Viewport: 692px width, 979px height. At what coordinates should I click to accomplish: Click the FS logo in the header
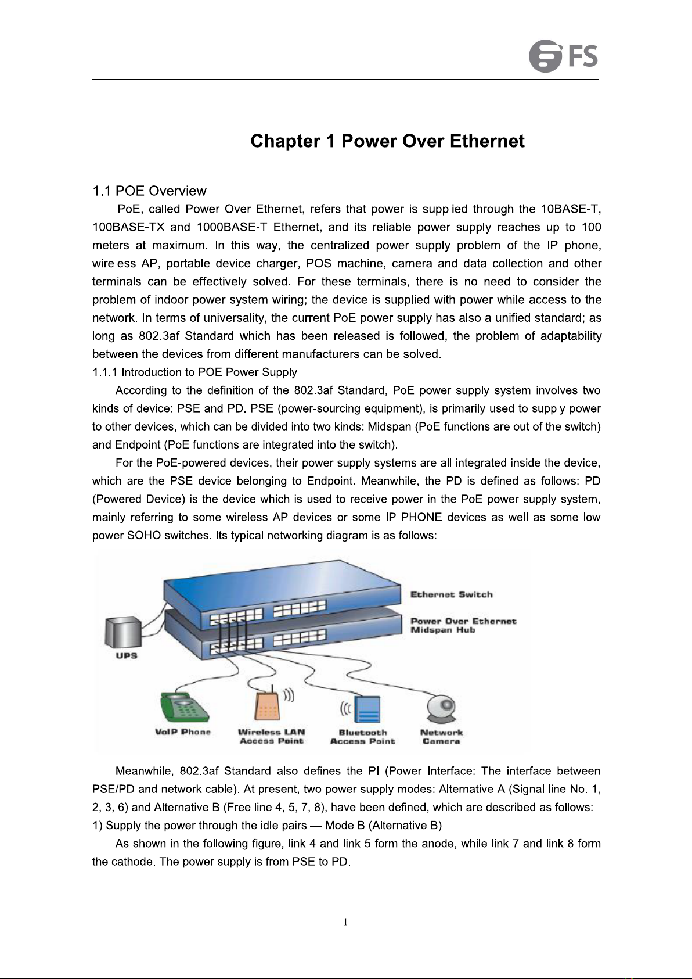click(563, 56)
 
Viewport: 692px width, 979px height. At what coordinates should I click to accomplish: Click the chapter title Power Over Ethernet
click(387, 141)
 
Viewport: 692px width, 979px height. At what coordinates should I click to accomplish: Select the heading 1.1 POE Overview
click(149, 191)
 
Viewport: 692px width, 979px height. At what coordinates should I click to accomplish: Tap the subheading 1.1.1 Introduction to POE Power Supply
click(194, 372)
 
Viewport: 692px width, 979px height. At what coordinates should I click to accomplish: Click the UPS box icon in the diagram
click(123, 633)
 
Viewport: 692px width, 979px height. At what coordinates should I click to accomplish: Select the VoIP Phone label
click(182, 732)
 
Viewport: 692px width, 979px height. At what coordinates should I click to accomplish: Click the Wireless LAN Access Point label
click(271, 737)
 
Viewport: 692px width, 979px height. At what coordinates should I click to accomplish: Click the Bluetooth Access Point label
click(362, 737)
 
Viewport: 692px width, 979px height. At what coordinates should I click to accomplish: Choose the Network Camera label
click(441, 737)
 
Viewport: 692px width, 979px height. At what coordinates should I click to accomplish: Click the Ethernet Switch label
click(451, 594)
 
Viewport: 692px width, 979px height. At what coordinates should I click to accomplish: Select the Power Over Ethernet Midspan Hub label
click(463, 626)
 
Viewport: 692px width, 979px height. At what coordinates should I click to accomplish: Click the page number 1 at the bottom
click(345, 922)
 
